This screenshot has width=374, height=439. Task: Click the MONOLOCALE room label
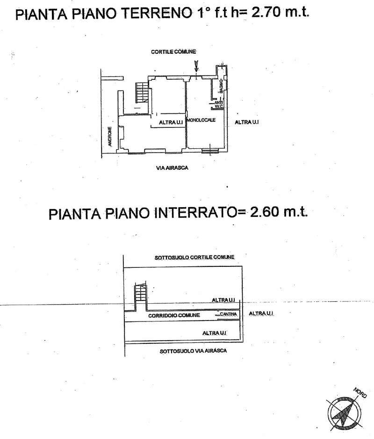(x=201, y=120)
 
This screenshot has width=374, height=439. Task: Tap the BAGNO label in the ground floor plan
(x=220, y=87)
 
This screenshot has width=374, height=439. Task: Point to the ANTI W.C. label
(x=218, y=105)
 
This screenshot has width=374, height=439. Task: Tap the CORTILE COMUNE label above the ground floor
(x=173, y=51)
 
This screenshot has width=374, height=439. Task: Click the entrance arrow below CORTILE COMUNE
(x=196, y=67)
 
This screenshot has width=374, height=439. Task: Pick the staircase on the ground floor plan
(x=141, y=92)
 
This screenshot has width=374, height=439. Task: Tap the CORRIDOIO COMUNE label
(x=174, y=315)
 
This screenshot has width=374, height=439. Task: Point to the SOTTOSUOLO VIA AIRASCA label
(x=193, y=351)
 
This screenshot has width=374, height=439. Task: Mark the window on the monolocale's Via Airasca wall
(x=211, y=150)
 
